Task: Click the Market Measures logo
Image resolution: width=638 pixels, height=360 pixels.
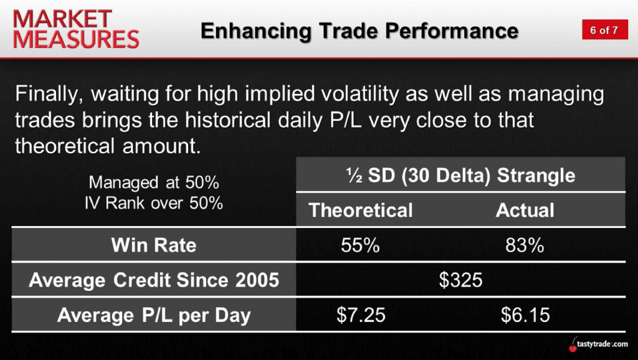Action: (76, 29)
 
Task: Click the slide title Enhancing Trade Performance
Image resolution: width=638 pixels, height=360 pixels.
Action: (359, 31)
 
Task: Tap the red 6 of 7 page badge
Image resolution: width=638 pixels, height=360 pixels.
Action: (604, 30)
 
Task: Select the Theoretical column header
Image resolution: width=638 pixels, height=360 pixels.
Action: (361, 211)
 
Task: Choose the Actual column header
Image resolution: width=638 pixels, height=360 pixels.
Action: (525, 211)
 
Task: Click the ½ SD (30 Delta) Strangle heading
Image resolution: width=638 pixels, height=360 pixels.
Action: (460, 175)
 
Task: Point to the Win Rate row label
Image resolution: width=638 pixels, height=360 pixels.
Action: (154, 245)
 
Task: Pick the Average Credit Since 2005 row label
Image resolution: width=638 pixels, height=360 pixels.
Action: (154, 280)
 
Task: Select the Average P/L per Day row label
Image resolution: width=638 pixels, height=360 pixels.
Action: (154, 315)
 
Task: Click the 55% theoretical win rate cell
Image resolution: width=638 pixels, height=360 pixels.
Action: (361, 245)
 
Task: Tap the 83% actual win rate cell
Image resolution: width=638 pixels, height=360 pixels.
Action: (525, 245)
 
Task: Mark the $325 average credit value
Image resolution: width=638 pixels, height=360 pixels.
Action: (460, 280)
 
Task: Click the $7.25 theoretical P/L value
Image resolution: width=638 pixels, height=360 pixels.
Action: (361, 315)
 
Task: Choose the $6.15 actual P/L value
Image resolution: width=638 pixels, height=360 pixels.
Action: (525, 315)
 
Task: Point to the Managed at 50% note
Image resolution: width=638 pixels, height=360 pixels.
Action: (154, 182)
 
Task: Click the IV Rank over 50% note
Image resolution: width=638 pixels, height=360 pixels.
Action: (154, 202)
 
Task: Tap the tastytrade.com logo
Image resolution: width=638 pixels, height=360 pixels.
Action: (598, 345)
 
